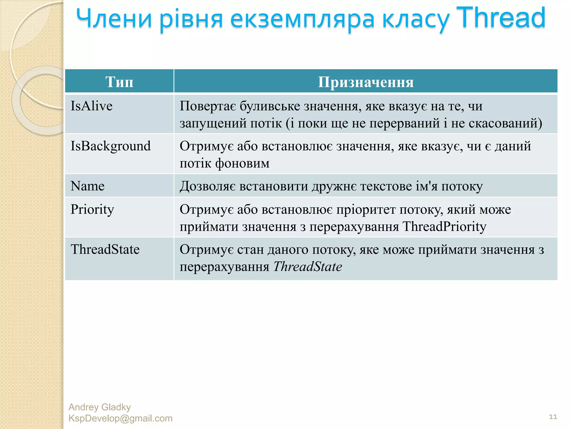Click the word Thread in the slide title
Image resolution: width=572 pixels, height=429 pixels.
500,18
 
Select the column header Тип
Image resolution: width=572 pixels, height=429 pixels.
119,82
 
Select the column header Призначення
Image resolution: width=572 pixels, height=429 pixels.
366,82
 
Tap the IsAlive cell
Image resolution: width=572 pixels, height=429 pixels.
92,106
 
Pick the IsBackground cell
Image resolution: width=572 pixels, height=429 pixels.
111,146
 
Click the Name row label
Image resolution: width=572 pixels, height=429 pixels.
87,186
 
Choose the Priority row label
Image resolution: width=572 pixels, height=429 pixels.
92,209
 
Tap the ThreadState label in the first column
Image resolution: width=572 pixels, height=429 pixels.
105,249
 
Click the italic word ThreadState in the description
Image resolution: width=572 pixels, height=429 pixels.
308,267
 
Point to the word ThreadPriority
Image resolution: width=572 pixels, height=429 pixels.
444,227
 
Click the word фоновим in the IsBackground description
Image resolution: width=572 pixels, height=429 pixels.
242,163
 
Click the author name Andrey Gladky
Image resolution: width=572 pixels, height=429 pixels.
100,407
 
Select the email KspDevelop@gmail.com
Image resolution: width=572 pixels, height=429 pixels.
120,418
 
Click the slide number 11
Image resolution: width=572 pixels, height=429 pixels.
553,417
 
